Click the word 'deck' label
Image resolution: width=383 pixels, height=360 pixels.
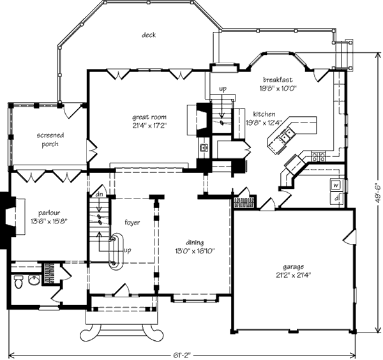tap(149, 35)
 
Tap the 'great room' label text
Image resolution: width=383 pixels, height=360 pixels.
tap(149, 117)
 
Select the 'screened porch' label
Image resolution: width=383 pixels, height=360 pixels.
tap(50, 140)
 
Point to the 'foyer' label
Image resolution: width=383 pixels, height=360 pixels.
tap(132, 223)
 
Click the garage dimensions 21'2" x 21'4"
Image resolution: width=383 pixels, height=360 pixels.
tap(293, 275)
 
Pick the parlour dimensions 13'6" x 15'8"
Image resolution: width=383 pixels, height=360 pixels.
tap(49, 221)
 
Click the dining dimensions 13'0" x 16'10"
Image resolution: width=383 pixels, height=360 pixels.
tap(195, 251)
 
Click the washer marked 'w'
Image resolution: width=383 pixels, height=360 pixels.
tap(336, 185)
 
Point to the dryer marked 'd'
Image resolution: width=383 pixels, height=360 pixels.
tap(336, 199)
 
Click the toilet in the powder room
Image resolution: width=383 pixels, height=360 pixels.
tap(19, 281)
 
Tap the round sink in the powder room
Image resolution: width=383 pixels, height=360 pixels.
tap(34, 280)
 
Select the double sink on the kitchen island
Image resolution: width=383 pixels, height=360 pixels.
tap(287, 135)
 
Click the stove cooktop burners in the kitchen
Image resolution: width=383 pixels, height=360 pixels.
tap(319, 156)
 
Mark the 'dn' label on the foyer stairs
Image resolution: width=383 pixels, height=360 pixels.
tap(98, 195)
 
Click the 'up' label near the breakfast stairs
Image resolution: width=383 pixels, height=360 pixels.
tap(223, 89)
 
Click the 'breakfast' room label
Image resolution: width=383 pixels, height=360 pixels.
tap(278, 80)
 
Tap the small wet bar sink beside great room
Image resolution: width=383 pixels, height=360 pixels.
tap(204, 147)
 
